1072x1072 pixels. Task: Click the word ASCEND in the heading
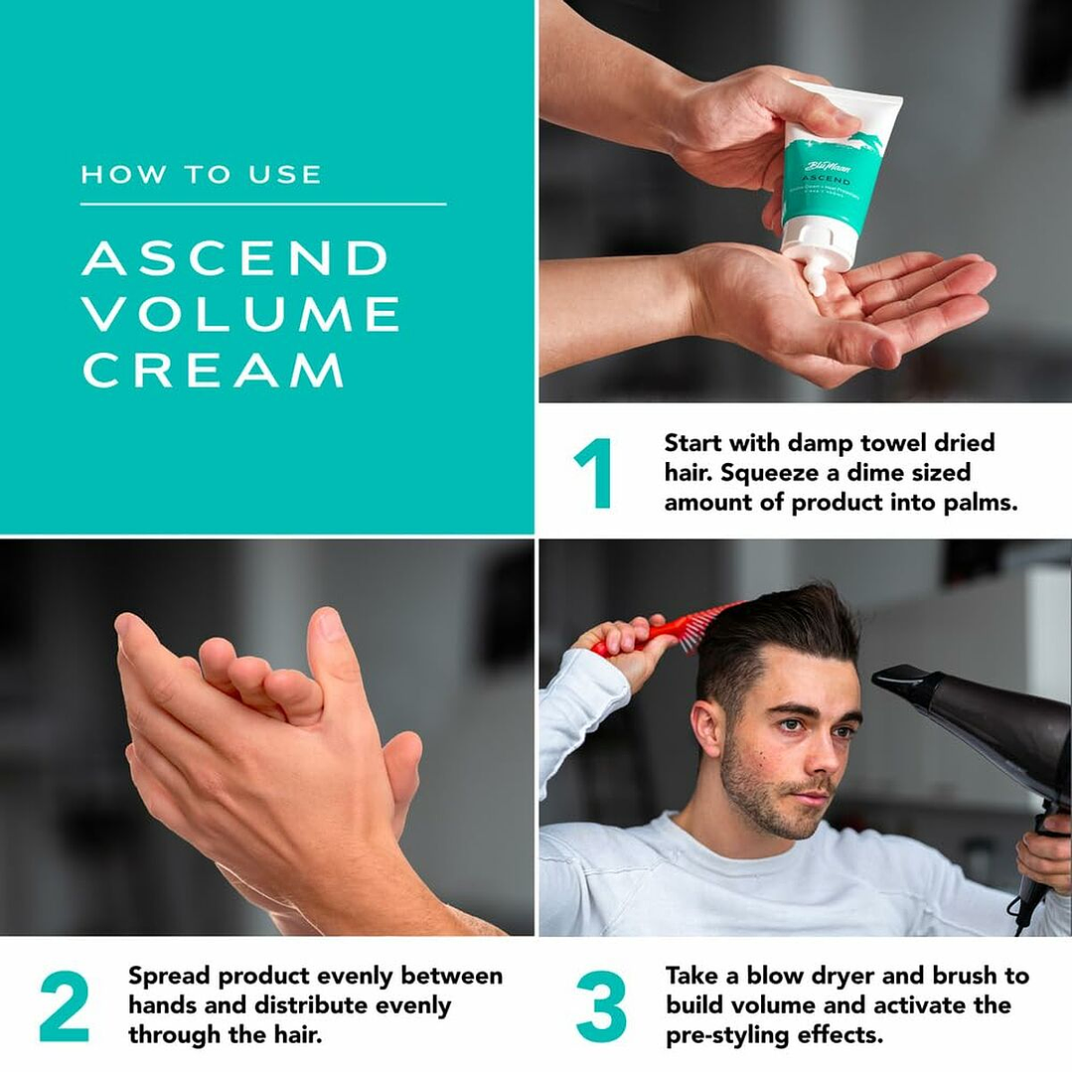(x=234, y=258)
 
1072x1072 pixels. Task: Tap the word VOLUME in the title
(x=240, y=314)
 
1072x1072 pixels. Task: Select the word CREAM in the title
(x=213, y=370)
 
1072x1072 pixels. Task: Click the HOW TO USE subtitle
(x=202, y=175)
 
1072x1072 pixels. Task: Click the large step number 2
(x=65, y=1006)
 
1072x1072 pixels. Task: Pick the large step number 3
(x=602, y=1006)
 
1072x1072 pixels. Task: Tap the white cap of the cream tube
(x=818, y=245)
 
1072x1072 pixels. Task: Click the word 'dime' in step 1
(x=887, y=472)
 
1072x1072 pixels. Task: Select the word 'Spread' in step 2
(x=169, y=976)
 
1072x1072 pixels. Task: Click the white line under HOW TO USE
(x=263, y=204)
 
